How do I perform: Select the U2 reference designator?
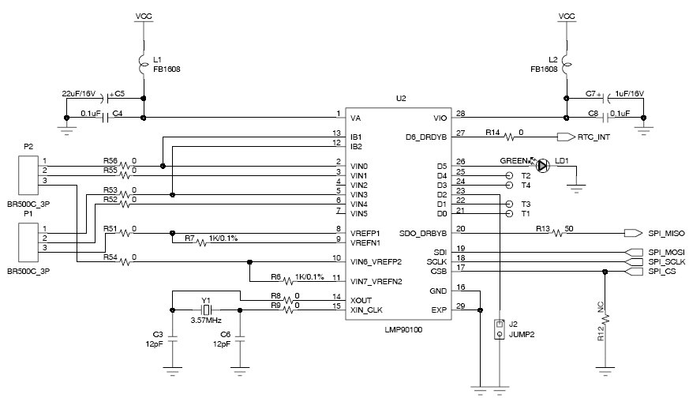[401, 99]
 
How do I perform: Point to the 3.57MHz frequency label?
[207, 321]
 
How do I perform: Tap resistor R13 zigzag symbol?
[560, 233]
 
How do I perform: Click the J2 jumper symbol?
[499, 328]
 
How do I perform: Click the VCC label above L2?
[567, 16]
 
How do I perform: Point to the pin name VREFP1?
[365, 232]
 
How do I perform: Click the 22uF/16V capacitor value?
[78, 92]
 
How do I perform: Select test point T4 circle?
[510, 184]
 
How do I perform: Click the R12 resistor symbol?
[605, 319]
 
